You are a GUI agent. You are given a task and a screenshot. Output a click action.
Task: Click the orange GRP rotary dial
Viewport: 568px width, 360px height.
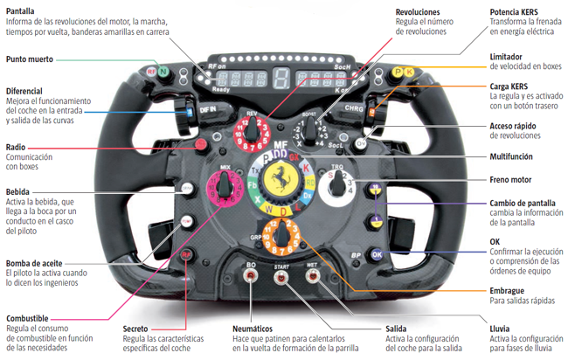pos(281,233)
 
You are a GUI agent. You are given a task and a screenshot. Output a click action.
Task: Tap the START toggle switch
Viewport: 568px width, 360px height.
pos(281,278)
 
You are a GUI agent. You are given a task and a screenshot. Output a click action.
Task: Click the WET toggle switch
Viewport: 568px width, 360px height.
pos(312,278)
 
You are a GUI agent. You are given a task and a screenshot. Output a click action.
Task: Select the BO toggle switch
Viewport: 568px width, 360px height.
pos(252,278)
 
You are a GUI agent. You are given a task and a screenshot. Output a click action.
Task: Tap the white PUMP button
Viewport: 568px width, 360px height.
pos(187,224)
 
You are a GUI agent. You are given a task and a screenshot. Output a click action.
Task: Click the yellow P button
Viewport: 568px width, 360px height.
pos(397,72)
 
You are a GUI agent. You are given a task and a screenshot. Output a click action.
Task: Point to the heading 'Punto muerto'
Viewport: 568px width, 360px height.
pos(29,59)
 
